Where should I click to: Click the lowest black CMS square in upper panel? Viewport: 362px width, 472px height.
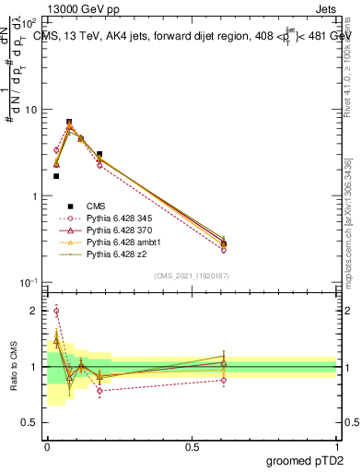tap(56, 176)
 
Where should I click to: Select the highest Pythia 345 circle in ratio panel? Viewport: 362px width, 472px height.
tap(56, 312)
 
